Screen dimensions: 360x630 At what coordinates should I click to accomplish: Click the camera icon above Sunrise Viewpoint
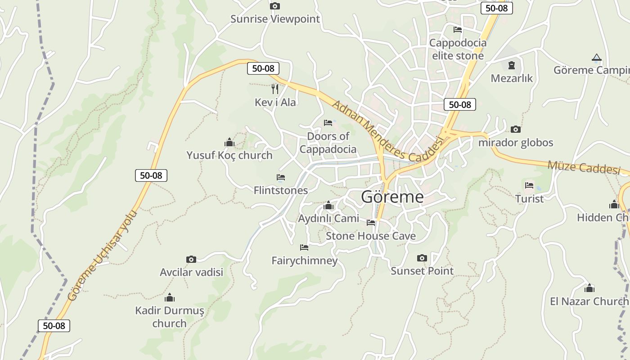coord(274,6)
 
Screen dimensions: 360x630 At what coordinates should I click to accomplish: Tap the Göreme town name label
coord(392,197)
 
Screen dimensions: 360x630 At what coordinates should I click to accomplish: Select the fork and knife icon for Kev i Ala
coord(275,89)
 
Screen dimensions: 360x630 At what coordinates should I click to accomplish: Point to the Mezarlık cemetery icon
coord(511,65)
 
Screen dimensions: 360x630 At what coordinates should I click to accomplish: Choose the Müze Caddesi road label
coord(584,167)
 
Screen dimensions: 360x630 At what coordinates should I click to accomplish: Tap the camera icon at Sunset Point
coord(422,258)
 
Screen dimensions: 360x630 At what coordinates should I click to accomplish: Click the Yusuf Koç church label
coord(229,155)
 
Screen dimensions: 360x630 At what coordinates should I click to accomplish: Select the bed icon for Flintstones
coord(281,177)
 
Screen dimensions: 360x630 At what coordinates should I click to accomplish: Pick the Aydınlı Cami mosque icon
coord(328,206)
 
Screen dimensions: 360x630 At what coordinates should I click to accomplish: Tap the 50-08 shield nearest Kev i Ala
coord(263,68)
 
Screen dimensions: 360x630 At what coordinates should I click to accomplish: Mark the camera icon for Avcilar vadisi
coord(191,259)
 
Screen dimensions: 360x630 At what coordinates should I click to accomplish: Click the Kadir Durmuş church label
coord(169,317)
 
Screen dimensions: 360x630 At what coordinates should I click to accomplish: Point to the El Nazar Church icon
coord(589,288)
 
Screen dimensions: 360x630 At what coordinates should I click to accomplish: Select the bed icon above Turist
coord(529,185)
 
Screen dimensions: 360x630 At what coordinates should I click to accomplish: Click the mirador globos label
coord(515,143)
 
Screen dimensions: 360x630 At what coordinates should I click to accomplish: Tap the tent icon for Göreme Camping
coord(596,57)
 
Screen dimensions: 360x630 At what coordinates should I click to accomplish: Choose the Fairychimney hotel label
coord(304,261)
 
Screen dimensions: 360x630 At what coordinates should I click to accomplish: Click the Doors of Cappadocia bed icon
coord(328,123)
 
